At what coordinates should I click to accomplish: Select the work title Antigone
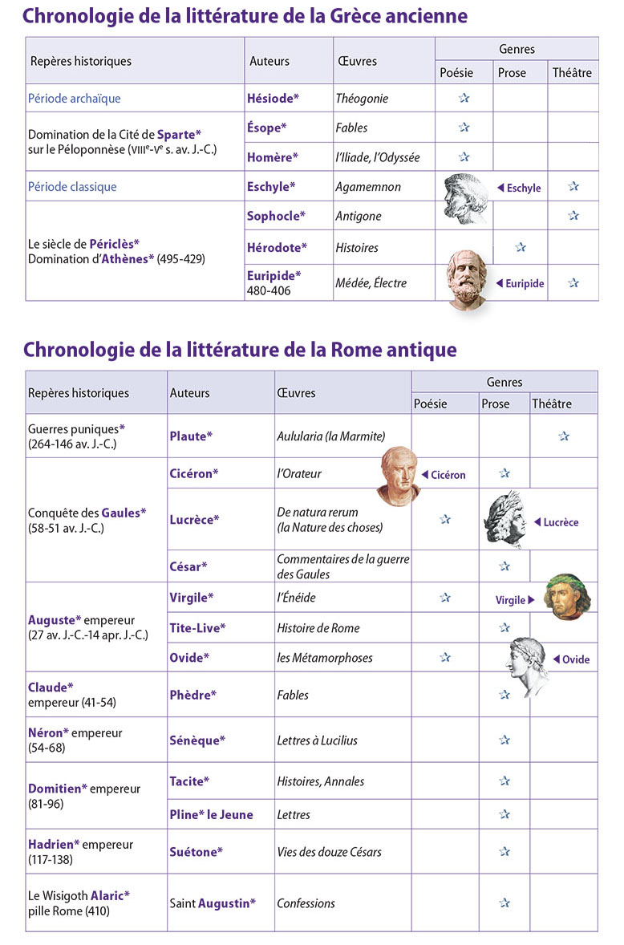pyautogui.click(x=359, y=216)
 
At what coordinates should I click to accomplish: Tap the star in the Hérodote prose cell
pyautogui.click(x=521, y=247)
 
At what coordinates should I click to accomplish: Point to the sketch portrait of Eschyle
pyautogui.click(x=466, y=197)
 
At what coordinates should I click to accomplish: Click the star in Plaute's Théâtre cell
pyautogui.click(x=564, y=436)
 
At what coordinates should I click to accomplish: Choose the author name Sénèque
pyautogui.click(x=197, y=740)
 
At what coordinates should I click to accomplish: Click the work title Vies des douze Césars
pyautogui.click(x=329, y=852)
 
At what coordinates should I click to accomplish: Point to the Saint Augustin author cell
pyautogui.click(x=213, y=902)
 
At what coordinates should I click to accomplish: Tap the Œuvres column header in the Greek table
pyautogui.click(x=357, y=61)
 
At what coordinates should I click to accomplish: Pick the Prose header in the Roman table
pyautogui.click(x=495, y=404)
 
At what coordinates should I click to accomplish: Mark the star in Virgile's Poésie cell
pyautogui.click(x=445, y=598)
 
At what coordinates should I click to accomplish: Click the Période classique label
pyautogui.click(x=72, y=186)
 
